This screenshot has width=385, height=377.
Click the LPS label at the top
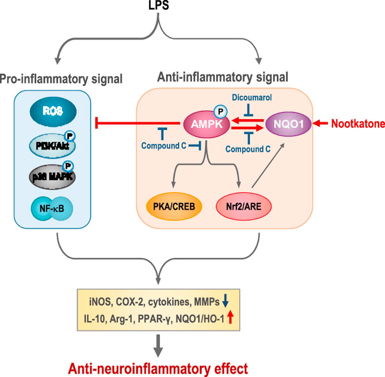coord(159,7)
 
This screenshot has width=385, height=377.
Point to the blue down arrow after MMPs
coord(226,302)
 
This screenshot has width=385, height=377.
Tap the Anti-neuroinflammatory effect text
coord(159,367)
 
